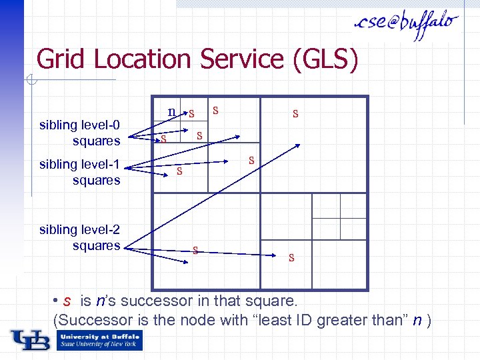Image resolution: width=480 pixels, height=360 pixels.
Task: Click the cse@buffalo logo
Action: click(x=406, y=26)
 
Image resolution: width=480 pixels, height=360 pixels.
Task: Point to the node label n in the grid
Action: click(x=172, y=111)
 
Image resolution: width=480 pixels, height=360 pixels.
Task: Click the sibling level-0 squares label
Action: click(x=80, y=133)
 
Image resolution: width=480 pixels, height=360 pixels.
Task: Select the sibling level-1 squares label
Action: click(x=80, y=172)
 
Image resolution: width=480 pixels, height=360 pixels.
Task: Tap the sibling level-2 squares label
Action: click(x=80, y=237)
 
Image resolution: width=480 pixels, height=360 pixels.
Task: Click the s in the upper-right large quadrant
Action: click(x=295, y=114)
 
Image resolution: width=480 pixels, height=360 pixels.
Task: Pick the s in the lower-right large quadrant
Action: click(x=291, y=257)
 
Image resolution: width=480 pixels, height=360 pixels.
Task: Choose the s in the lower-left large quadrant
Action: click(x=195, y=250)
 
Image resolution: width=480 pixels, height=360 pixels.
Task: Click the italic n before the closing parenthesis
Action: click(x=416, y=320)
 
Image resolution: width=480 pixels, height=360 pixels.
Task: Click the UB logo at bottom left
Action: click(x=31, y=340)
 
